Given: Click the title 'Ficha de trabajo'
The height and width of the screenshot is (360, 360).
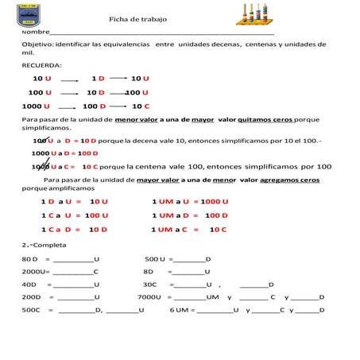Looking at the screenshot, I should pyautogui.click(x=139, y=19).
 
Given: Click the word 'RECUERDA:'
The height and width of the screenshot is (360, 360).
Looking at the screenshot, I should pyautogui.click(x=42, y=64).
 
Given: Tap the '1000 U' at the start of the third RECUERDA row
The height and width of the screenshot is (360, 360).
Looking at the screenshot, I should pyautogui.click(x=37, y=106).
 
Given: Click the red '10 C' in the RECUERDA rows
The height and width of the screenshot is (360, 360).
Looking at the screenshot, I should pyautogui.click(x=141, y=106).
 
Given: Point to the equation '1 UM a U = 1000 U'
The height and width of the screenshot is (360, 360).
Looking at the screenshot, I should pyautogui.click(x=190, y=202).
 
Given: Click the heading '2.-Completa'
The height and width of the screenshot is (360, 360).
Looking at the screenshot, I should pyautogui.click(x=44, y=246).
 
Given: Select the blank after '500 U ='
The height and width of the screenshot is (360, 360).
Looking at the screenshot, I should pyautogui.click(x=188, y=260).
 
